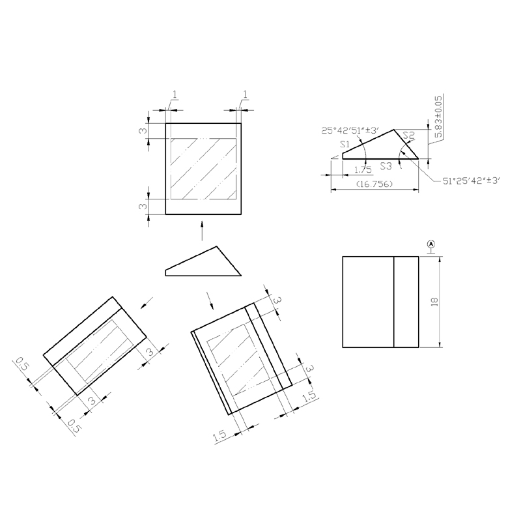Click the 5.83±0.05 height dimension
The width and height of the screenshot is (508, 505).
tap(438, 117)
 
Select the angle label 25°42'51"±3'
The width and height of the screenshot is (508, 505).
tap(350, 130)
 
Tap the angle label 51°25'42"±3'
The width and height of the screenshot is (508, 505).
tap(472, 180)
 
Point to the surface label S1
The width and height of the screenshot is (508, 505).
tap(345, 144)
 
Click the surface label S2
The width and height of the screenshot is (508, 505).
tap(409, 135)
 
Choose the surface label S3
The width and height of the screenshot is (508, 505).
tap(386, 166)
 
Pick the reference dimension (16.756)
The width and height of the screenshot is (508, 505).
tap(374, 184)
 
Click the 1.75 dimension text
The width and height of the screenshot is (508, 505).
tap(363, 169)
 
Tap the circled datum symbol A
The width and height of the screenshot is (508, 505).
tap(431, 244)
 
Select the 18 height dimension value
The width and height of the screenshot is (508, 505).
tap(434, 302)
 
